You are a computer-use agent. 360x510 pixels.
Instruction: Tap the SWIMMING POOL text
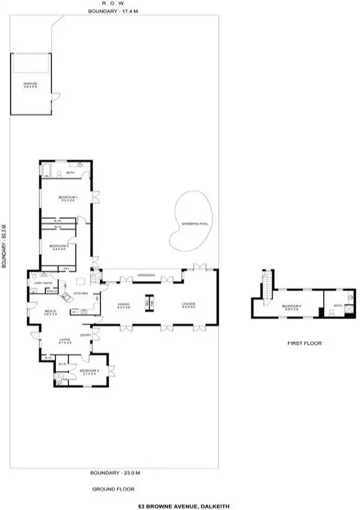[195, 224]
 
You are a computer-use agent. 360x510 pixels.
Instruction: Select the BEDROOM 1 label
[66, 198]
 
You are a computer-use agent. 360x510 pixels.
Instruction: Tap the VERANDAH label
[144, 275]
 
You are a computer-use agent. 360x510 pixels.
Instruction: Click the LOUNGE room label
[189, 304]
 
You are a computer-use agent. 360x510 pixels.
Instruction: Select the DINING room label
[123, 304]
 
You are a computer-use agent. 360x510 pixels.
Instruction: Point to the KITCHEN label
[80, 293]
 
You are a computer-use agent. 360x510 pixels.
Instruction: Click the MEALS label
[50, 312]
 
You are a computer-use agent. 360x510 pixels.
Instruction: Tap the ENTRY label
[85, 335]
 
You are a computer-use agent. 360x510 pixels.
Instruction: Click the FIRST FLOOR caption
[304, 343]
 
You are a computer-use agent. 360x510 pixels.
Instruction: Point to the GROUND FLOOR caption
[113, 489]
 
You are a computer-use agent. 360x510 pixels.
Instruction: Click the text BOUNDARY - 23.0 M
[113, 472]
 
